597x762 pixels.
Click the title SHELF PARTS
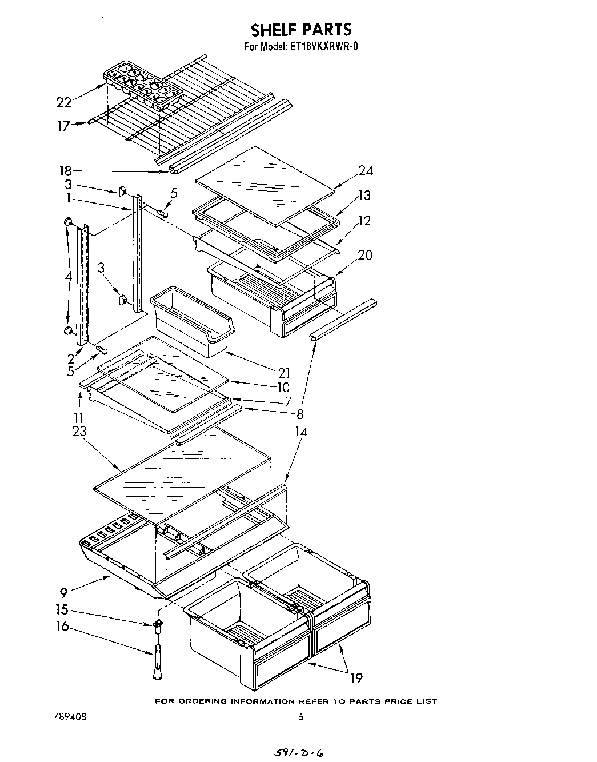301,29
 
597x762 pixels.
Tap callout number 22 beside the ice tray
64,102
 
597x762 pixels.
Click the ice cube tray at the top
143,87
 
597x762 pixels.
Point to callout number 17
63,126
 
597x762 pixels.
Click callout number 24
366,170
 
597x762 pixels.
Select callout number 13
364,196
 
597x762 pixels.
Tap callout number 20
364,255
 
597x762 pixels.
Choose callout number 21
285,373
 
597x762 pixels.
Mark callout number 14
300,432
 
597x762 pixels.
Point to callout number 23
79,432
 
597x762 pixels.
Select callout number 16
62,626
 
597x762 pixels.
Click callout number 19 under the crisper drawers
356,678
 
